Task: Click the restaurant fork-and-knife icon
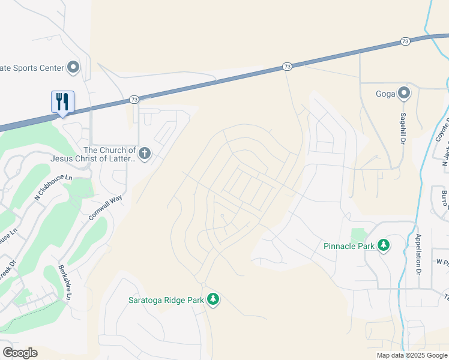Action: [x=62, y=102]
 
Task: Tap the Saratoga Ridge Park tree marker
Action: [x=212, y=299]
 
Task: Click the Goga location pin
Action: [x=404, y=93]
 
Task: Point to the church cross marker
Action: [x=144, y=154]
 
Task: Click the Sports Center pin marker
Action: [x=74, y=67]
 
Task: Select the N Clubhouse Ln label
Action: [x=53, y=187]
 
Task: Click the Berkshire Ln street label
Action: [x=65, y=283]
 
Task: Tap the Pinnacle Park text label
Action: [x=349, y=246]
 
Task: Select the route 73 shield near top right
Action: [x=405, y=41]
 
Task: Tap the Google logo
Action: [x=20, y=352]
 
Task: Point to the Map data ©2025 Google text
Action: [x=411, y=355]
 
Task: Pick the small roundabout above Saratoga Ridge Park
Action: [x=204, y=284]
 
